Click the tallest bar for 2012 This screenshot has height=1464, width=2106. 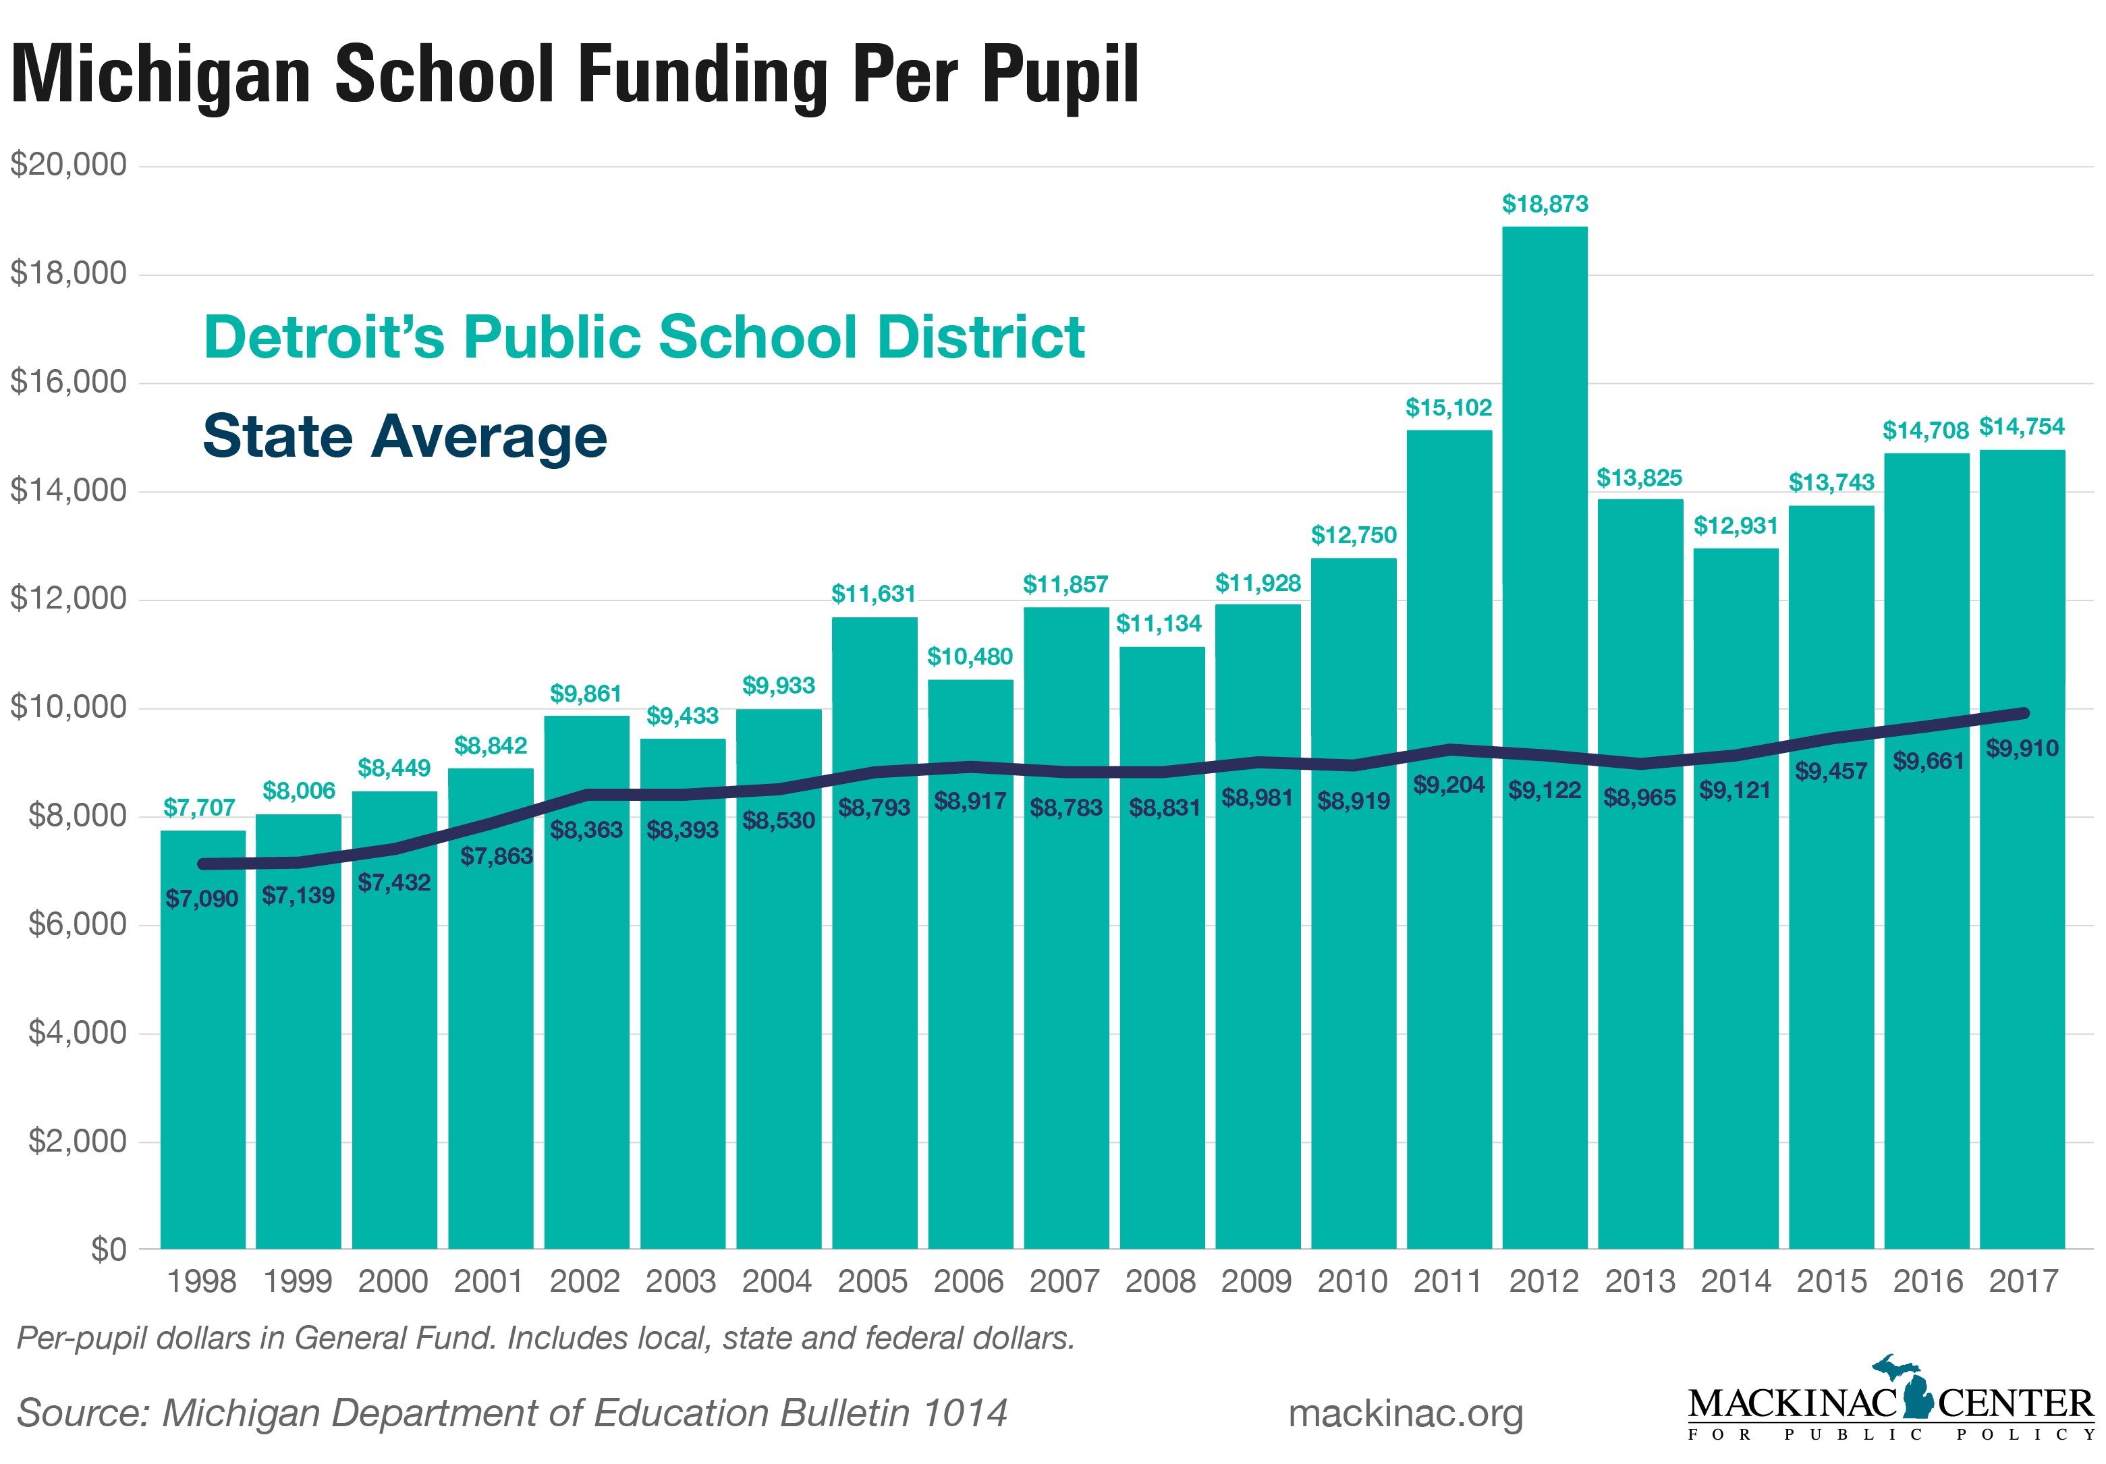[1544, 734]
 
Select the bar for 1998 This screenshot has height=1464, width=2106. [202, 1055]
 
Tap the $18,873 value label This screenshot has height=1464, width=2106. [1545, 204]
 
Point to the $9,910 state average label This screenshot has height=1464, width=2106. [2022, 748]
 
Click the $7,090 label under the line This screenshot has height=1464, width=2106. [202, 898]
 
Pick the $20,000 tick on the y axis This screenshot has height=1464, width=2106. [69, 165]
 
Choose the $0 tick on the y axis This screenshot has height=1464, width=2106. [108, 1249]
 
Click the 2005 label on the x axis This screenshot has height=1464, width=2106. [872, 1280]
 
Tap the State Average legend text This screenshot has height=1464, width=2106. [404, 436]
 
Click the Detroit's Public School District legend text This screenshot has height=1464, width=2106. [644, 337]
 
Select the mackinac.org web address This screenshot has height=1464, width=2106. [1405, 1413]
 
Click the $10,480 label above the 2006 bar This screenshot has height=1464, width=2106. [970, 657]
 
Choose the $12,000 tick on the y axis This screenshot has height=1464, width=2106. [69, 599]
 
